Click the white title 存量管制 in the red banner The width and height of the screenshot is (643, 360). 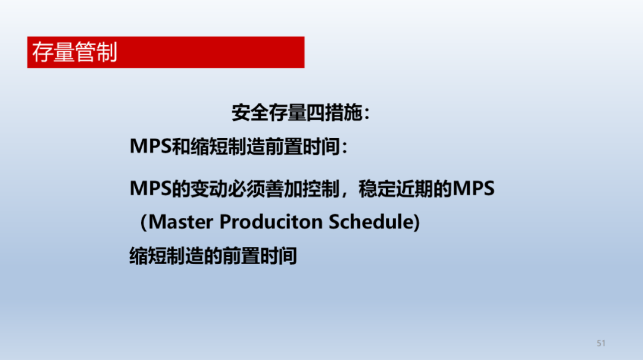(74, 52)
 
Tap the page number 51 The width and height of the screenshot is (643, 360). (601, 343)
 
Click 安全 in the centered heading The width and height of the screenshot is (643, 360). (250, 112)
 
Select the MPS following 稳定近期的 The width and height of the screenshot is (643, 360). (474, 189)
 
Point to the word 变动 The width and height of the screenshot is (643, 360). (209, 189)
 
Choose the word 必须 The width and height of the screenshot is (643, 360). (246, 189)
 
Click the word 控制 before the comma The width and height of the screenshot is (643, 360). (321, 189)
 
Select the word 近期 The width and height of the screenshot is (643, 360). (414, 189)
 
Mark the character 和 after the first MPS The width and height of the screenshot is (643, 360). (181, 146)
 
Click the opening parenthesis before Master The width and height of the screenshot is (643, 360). (143, 222)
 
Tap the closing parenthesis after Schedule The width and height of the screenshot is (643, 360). (417, 222)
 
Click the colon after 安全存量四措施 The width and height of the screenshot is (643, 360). (367, 114)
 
